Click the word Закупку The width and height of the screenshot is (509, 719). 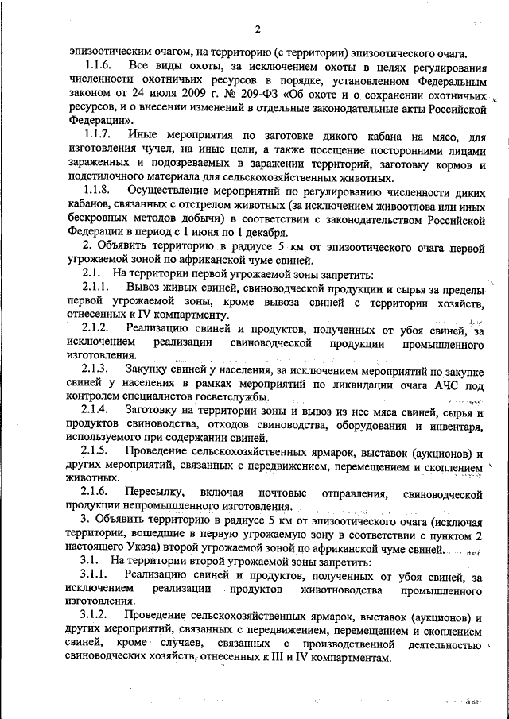click(150, 369)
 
